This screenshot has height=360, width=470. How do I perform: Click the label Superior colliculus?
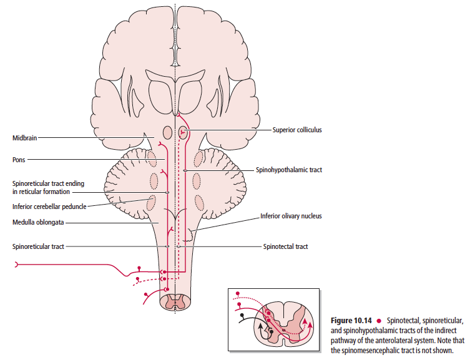tap(297, 130)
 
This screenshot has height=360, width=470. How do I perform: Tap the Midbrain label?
tap(24, 138)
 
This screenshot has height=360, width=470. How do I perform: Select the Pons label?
tap(19, 160)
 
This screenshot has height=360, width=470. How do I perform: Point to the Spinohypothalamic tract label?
tap(289, 170)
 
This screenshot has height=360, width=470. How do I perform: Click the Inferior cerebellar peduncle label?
tap(49, 207)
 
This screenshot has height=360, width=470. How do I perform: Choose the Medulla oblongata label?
tap(38, 222)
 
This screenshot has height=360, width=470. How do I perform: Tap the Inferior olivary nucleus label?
tap(291, 216)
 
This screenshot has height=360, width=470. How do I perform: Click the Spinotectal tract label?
tap(285, 246)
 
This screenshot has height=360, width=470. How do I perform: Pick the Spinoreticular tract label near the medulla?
tap(38, 246)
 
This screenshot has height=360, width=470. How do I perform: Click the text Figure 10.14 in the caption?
tap(351, 321)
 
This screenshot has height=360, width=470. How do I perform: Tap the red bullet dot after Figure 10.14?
tap(379, 321)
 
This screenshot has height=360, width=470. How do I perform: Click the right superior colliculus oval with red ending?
tap(183, 132)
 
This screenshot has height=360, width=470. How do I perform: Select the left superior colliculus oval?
tap(167, 132)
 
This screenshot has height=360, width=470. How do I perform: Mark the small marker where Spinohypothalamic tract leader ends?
tap(185, 170)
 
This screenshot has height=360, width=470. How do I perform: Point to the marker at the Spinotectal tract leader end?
tap(179, 246)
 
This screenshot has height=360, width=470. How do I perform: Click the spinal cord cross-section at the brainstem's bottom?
tap(175, 302)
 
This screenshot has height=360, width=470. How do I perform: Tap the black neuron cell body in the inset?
tap(242, 315)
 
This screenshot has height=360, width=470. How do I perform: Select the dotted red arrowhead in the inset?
tap(305, 321)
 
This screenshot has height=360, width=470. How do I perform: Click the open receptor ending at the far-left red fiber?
tap(16, 265)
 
